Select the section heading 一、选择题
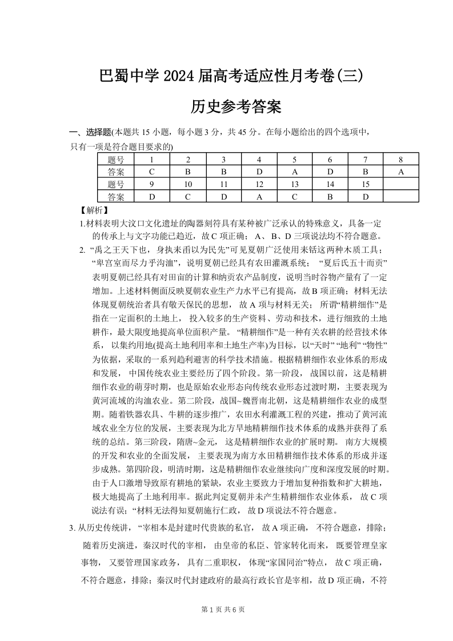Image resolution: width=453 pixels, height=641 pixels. (x=90, y=133)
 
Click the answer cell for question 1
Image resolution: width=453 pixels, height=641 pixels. (x=151, y=172)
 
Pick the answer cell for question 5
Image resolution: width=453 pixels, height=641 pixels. (x=295, y=172)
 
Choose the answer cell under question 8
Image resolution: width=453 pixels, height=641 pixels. (x=401, y=172)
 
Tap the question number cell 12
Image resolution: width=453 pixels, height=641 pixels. (x=259, y=184)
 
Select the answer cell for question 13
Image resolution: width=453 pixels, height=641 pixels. (x=295, y=197)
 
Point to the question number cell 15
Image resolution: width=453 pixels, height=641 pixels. (x=366, y=184)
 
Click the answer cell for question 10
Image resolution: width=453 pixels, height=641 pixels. (x=187, y=197)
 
